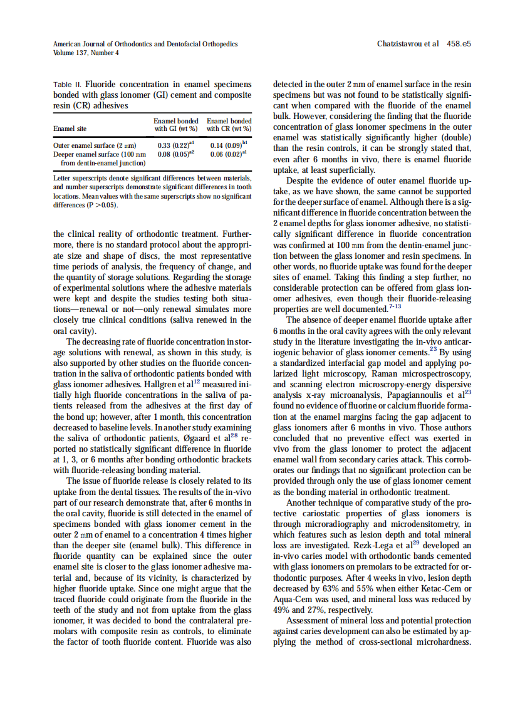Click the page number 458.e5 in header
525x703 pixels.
(459, 44)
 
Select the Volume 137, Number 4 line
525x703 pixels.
(86, 53)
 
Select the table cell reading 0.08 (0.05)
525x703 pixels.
(171, 154)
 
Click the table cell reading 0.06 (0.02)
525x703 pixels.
(225, 154)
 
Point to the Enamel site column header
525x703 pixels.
(70, 128)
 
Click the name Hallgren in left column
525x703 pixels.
(167, 384)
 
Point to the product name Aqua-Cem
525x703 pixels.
(294, 600)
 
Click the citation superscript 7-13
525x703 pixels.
(396, 306)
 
